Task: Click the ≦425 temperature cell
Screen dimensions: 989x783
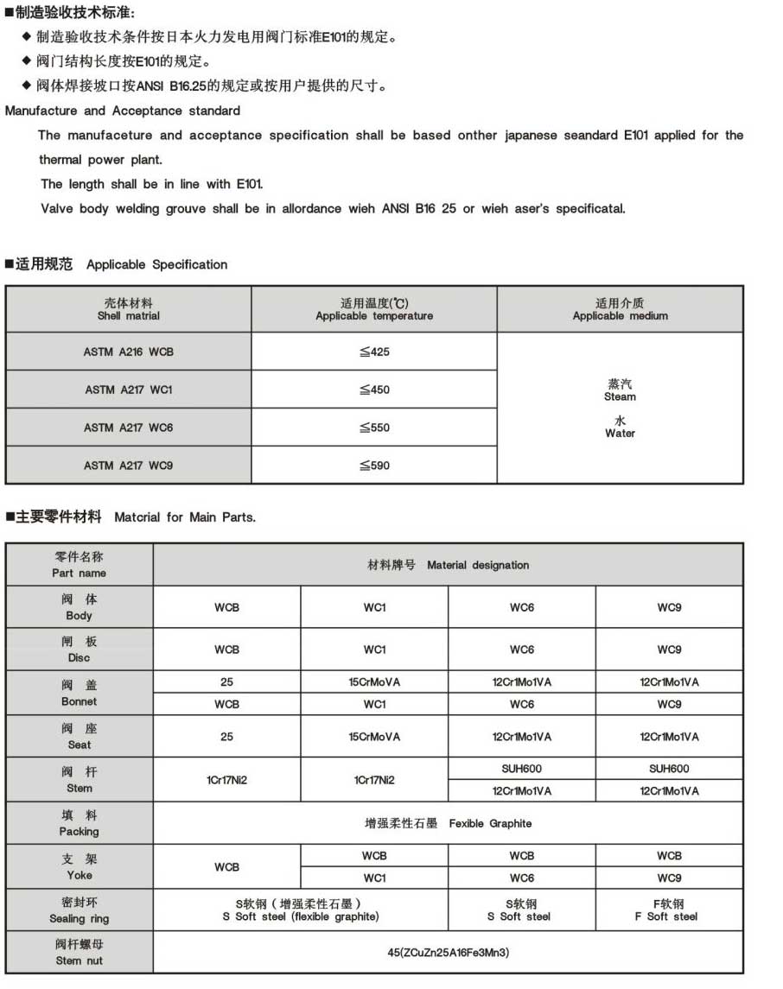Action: pos(374,352)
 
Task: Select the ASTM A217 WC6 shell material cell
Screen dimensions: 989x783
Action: pos(129,428)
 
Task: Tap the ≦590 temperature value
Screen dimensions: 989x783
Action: pos(374,466)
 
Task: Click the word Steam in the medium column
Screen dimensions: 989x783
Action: pos(620,396)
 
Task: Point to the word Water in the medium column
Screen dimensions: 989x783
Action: pos(620,433)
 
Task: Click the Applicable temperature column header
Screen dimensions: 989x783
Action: pos(374,310)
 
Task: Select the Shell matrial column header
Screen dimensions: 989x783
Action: pos(129,310)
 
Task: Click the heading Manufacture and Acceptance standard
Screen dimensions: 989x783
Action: pos(123,111)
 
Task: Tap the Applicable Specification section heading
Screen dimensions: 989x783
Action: pos(156,264)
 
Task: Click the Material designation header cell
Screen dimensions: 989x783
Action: pos(448,565)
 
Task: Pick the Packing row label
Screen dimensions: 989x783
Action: pos(80,823)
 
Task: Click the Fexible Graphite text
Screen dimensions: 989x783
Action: pos(490,823)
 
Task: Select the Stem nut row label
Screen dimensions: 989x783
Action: pos(80,953)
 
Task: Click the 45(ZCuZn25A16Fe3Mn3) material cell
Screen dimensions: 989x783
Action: pos(448,953)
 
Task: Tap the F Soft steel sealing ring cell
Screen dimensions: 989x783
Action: pos(668,910)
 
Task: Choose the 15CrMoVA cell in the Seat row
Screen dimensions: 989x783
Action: pos(374,737)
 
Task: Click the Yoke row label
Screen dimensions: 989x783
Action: pos(80,867)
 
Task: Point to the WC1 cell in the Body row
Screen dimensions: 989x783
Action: pos(374,607)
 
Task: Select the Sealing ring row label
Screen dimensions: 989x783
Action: pos(80,910)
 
